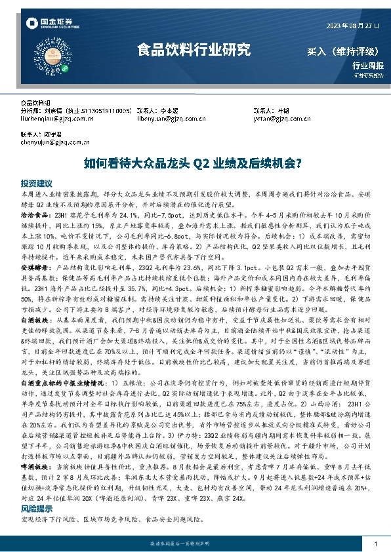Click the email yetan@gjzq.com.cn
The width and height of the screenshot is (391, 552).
(270, 119)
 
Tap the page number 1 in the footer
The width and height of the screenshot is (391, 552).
(375, 543)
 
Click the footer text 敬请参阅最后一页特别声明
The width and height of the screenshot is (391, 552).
(195, 544)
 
